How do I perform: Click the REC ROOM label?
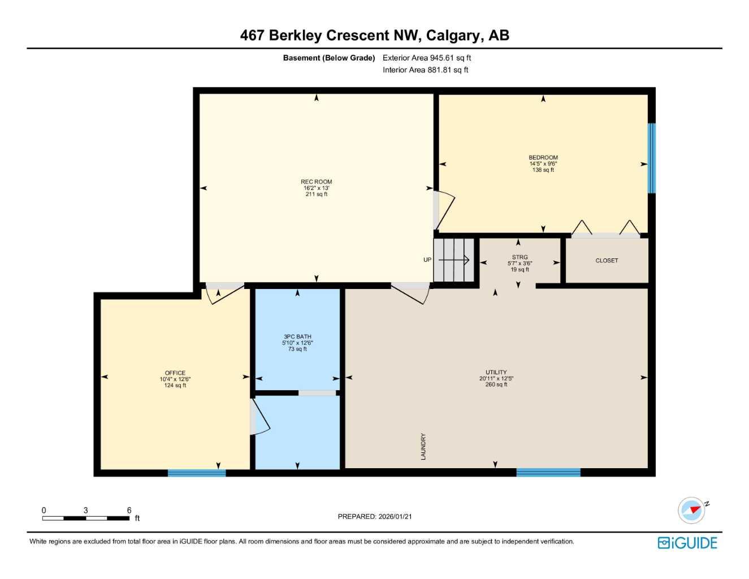click(x=316, y=182)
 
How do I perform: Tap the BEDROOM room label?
click(x=543, y=158)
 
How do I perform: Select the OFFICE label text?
click(x=175, y=373)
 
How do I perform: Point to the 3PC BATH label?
click(x=297, y=337)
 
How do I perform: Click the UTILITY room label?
click(x=496, y=373)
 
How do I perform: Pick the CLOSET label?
click(x=607, y=261)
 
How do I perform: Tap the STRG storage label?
click(x=519, y=257)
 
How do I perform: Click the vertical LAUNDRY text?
click(x=423, y=446)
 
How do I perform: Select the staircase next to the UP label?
click(x=453, y=260)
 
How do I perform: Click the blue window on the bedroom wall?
click(x=651, y=158)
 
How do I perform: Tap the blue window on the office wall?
click(x=197, y=473)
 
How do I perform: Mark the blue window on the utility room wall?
click(x=548, y=472)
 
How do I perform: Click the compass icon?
click(x=692, y=510)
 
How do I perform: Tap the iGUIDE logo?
click(x=687, y=543)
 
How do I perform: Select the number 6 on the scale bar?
click(x=129, y=510)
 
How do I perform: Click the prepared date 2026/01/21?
click(x=395, y=516)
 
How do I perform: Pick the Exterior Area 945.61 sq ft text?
click(x=427, y=58)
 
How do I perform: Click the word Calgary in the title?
click(x=452, y=35)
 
